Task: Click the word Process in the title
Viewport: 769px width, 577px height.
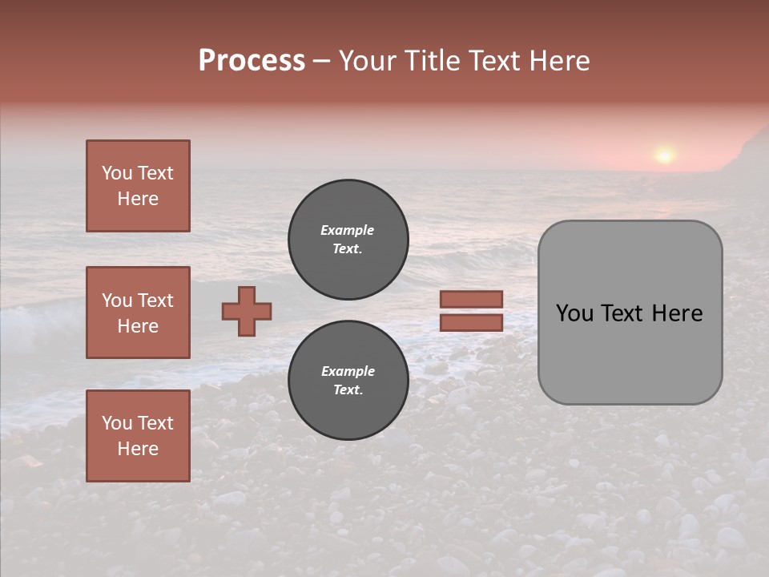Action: [252, 61]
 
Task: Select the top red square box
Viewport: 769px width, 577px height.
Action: [138, 186]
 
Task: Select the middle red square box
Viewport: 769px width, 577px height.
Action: [138, 313]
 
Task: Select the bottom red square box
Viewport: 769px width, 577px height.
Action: [138, 435]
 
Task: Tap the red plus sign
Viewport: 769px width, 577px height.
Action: [247, 311]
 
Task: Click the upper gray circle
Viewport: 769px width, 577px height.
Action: [348, 239]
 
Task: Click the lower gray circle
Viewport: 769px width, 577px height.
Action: [348, 380]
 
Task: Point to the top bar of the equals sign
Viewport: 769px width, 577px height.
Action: [471, 300]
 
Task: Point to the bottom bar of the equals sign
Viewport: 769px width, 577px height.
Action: [471, 322]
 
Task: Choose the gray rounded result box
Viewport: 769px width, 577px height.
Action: [630, 313]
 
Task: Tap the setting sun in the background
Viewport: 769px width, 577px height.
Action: [664, 154]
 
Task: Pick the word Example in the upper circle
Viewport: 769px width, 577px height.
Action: [348, 230]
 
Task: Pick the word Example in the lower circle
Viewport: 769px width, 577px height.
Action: [348, 371]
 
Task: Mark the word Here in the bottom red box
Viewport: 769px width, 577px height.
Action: [138, 449]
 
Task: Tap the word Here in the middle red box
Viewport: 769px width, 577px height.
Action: [138, 326]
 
